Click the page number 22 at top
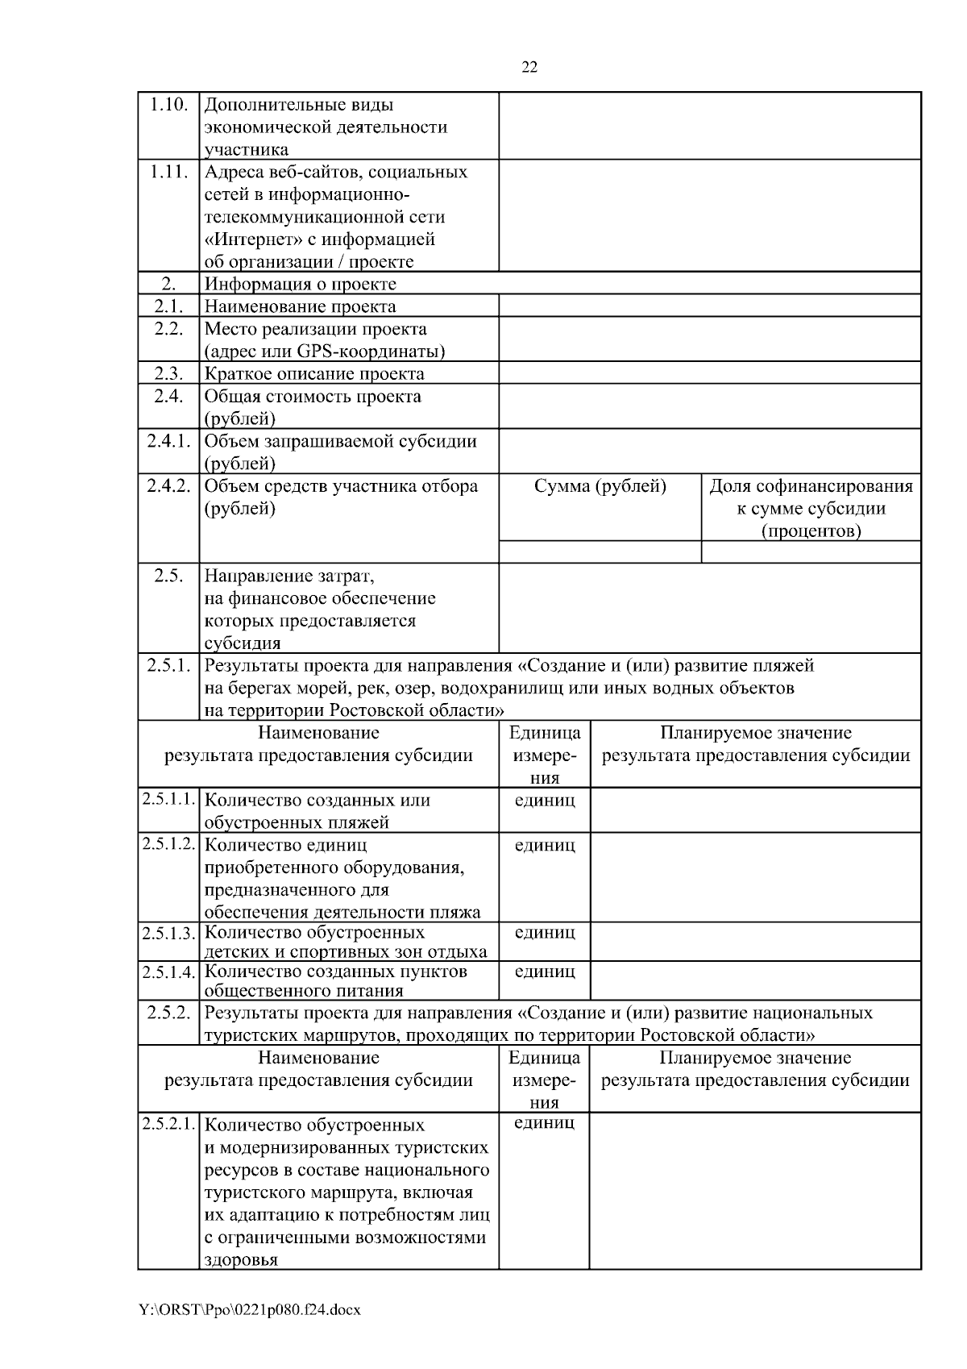pyautogui.click(x=529, y=68)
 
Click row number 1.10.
pyautogui.click(x=168, y=105)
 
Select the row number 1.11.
pyautogui.click(x=168, y=172)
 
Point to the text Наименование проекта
pyautogui.click(x=300, y=306)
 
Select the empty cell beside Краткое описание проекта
pyautogui.click(x=709, y=373)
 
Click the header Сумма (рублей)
pyautogui.click(x=600, y=486)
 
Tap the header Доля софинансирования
pyautogui.click(x=811, y=486)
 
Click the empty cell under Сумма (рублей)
pyautogui.click(x=600, y=552)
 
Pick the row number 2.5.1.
pyautogui.click(x=168, y=666)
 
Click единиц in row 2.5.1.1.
pyautogui.click(x=545, y=801)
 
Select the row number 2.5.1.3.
pyautogui.click(x=168, y=934)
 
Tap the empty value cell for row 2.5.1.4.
pyautogui.click(x=755, y=980)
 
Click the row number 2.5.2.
pyautogui.click(x=168, y=1013)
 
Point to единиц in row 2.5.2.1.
pyautogui.click(x=545, y=1123)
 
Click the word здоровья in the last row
pyautogui.click(x=241, y=1260)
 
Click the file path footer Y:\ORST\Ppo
pyautogui.click(x=250, y=1310)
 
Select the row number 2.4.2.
pyautogui.click(x=168, y=486)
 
